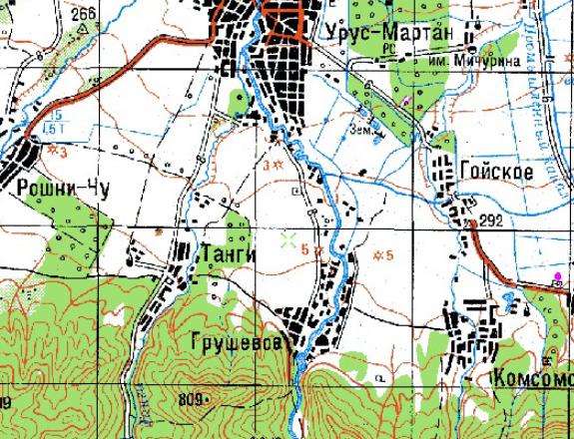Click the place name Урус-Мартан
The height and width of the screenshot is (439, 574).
pyautogui.click(x=388, y=33)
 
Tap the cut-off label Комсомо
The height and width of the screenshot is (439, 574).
pyautogui.click(x=533, y=380)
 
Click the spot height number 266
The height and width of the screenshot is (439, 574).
pyautogui.click(x=84, y=13)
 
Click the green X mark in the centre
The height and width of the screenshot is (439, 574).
pyautogui.click(x=288, y=239)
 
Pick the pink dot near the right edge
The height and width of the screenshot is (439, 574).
pyautogui.click(x=557, y=275)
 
